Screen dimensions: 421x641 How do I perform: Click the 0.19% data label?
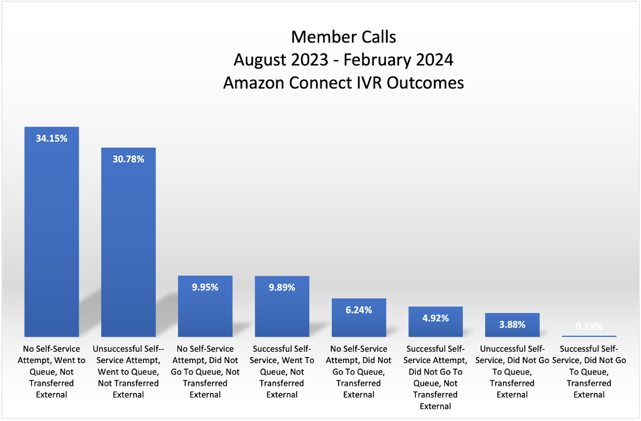click(590, 326)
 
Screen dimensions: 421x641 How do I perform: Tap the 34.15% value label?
click(51, 138)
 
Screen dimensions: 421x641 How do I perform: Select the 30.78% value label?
click(129, 159)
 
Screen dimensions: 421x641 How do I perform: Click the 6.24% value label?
click(359, 310)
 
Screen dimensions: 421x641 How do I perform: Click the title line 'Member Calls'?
click(343, 36)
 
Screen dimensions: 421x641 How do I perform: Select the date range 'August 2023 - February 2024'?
click(343, 60)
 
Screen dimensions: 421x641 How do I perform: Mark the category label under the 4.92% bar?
click(436, 377)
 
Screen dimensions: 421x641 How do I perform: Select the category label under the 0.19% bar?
click(590, 372)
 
